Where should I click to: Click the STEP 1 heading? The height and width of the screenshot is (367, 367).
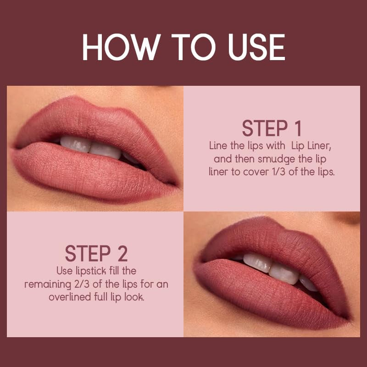[x=272, y=128]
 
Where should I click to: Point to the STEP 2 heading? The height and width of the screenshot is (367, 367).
[x=96, y=253]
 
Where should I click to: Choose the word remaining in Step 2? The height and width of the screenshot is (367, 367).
[x=44, y=284]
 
